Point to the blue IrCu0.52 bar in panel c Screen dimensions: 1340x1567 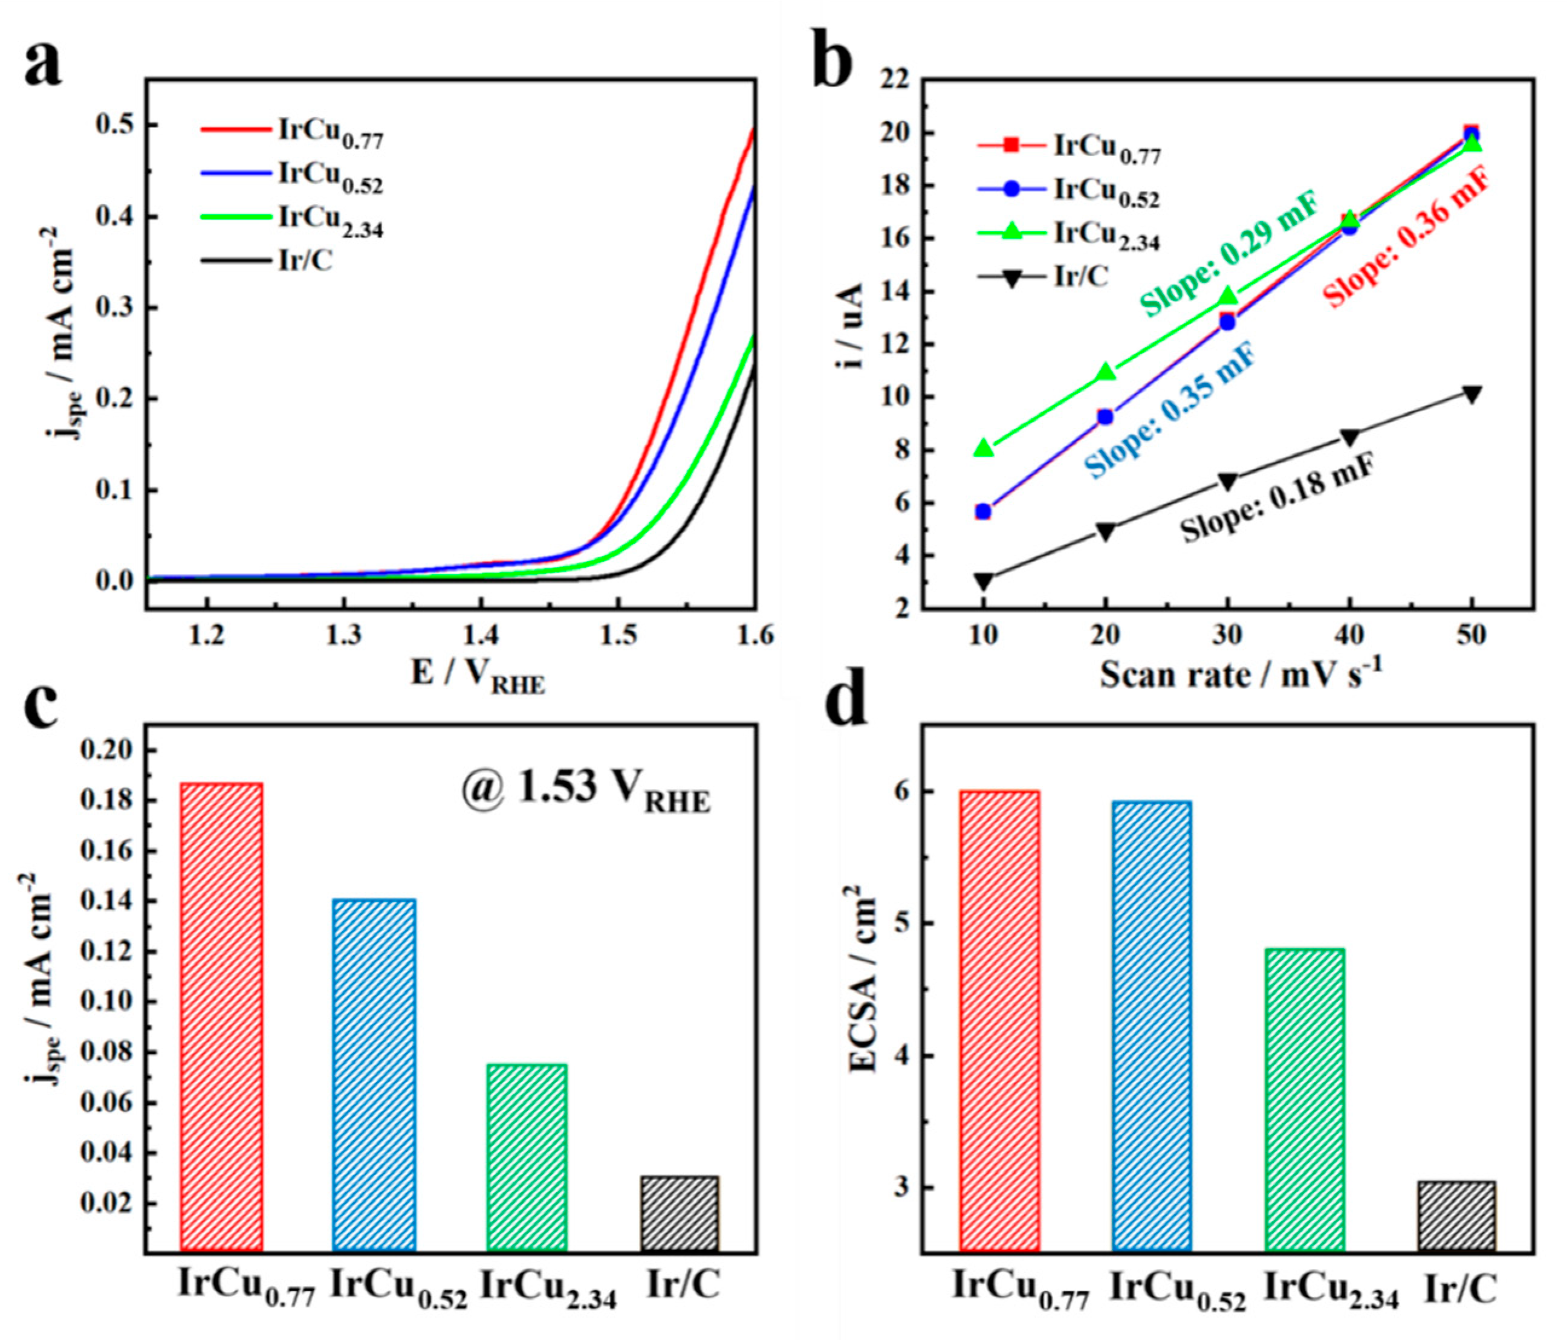click(x=374, y=1075)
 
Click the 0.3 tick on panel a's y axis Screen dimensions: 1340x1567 click(x=112, y=308)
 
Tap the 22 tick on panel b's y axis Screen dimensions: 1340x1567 click(x=897, y=79)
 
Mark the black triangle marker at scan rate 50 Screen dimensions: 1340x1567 click(x=1471, y=395)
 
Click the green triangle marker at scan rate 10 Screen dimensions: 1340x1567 click(x=983, y=448)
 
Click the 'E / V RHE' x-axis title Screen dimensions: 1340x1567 click(x=477, y=675)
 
